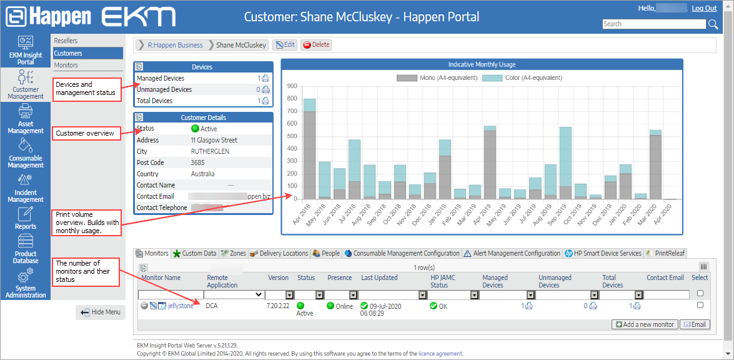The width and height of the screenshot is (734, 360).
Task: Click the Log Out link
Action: tap(704, 8)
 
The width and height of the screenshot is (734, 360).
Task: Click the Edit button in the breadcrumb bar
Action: tap(285, 45)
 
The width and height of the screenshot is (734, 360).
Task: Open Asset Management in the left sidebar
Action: tap(26, 119)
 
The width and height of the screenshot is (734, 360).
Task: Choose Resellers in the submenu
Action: tap(66, 41)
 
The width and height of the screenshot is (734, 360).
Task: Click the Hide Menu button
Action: tap(101, 312)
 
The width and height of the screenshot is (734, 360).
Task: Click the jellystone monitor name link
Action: tap(181, 306)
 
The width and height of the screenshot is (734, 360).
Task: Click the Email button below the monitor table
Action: tap(695, 324)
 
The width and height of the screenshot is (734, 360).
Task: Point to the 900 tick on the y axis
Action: tap(292, 86)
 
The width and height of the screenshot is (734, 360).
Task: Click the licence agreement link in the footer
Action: tap(440, 354)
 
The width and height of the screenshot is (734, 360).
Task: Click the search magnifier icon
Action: tap(713, 24)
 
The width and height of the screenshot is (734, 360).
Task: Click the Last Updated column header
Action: tap(379, 277)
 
